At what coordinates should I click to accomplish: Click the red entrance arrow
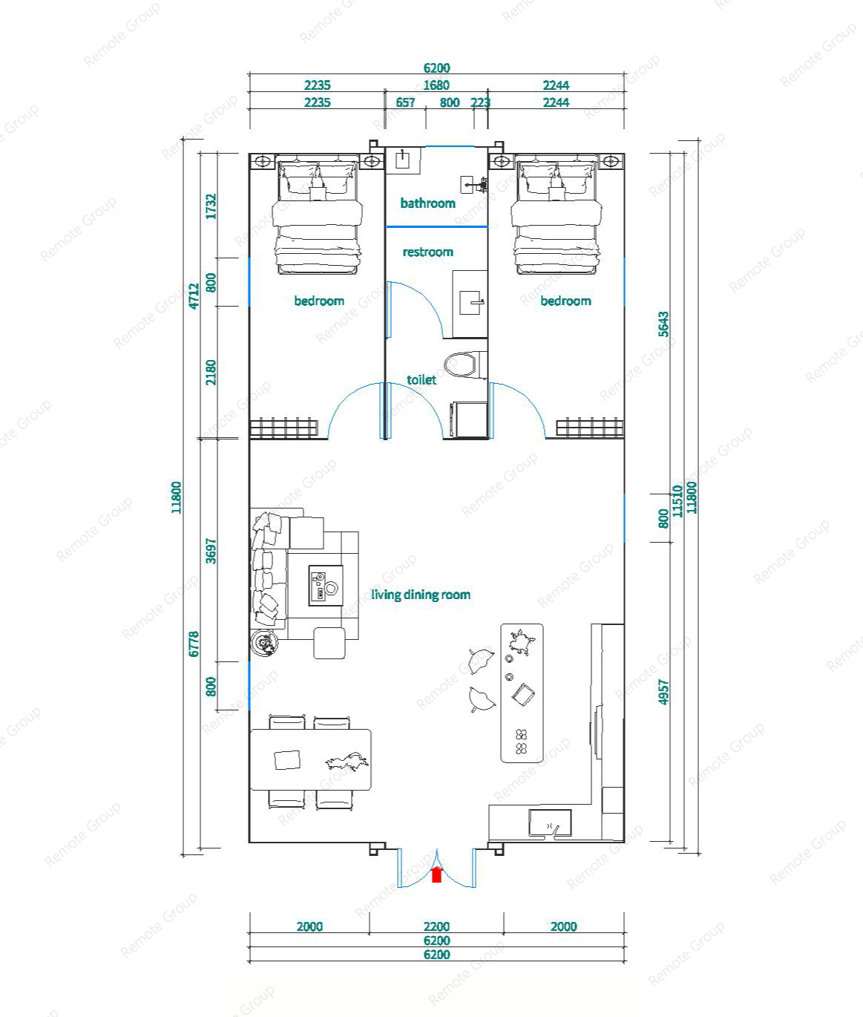click(x=436, y=874)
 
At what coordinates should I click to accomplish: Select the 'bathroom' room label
click(x=428, y=203)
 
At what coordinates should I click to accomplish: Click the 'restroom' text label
click(x=428, y=252)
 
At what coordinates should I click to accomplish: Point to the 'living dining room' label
click(x=421, y=595)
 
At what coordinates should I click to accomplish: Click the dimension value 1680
click(x=436, y=85)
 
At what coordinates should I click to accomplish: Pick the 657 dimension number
click(x=406, y=102)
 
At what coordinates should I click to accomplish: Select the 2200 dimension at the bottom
click(x=436, y=926)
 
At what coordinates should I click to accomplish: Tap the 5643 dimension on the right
click(x=663, y=324)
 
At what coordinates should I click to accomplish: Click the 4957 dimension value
click(x=663, y=692)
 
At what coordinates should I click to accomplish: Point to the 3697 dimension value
click(x=211, y=551)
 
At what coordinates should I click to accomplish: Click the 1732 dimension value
click(x=211, y=206)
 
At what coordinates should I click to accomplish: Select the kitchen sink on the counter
click(x=551, y=823)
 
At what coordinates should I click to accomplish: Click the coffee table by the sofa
click(x=326, y=585)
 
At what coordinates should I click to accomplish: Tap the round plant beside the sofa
click(x=265, y=643)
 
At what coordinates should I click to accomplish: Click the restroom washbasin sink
click(x=470, y=303)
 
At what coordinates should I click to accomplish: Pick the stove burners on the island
click(x=521, y=742)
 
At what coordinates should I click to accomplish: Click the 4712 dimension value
click(x=194, y=296)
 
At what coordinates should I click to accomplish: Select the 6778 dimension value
click(x=194, y=644)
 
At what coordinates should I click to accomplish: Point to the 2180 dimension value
click(x=211, y=373)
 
